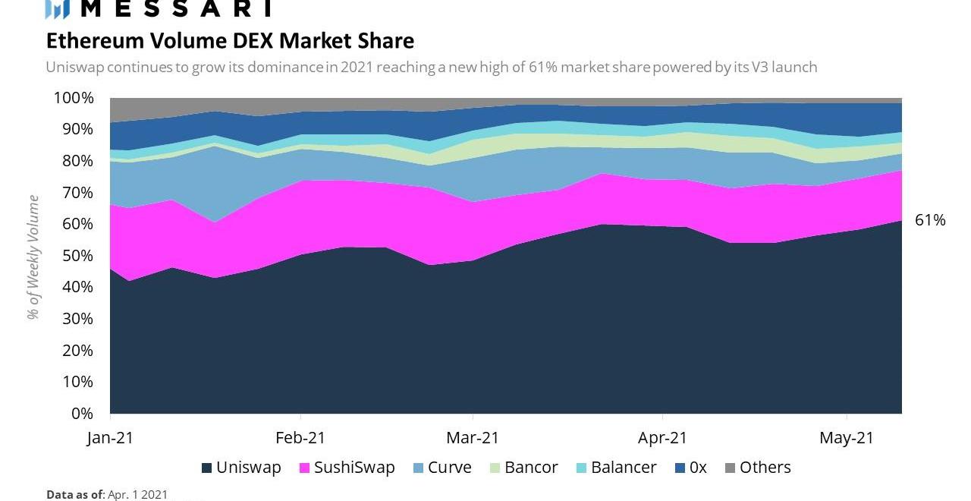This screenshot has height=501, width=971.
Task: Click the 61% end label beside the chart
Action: click(930, 221)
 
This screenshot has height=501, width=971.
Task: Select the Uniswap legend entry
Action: click(241, 468)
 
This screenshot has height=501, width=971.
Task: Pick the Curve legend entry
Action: click(442, 468)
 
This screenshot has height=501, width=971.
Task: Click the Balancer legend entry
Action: click(615, 468)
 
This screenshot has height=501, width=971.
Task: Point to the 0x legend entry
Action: click(691, 468)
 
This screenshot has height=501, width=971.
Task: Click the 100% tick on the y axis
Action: click(74, 98)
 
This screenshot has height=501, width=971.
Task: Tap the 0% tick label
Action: click(83, 414)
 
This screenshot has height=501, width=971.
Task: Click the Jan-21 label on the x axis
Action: click(111, 438)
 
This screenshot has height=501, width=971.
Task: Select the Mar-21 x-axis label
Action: click(473, 438)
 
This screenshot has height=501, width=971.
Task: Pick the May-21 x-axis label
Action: click(847, 438)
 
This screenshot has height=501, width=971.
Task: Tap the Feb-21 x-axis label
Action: click(300, 438)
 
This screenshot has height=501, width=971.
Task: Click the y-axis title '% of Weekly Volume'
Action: click(33, 256)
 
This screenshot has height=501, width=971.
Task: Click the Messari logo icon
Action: click(58, 8)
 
